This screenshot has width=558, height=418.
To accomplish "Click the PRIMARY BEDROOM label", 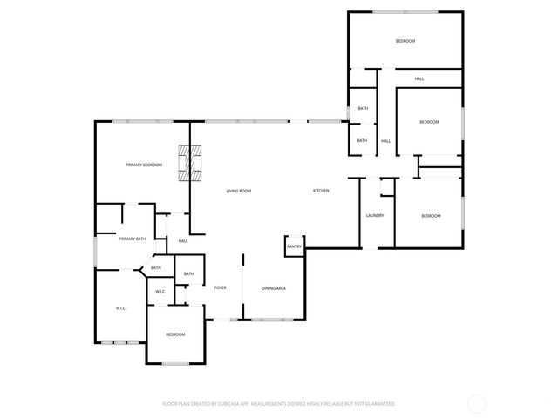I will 144,165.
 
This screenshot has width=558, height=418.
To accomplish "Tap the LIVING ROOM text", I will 239,191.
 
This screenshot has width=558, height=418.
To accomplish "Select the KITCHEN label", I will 321,191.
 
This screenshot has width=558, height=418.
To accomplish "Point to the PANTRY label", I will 294,247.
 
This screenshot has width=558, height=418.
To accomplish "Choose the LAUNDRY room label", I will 375,216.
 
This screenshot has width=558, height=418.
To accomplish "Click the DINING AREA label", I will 274,288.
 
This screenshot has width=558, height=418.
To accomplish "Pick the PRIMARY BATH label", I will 132,239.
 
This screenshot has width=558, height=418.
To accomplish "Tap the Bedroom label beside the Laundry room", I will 431,216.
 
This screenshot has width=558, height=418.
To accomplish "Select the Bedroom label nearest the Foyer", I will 176,335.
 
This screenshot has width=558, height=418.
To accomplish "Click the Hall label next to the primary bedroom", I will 183,241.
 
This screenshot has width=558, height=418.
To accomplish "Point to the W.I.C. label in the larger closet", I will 121,308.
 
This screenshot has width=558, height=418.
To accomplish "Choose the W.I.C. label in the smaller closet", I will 160,291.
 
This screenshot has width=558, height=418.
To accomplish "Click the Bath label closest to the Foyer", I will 188,274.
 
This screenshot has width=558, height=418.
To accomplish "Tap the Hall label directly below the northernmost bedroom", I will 419,79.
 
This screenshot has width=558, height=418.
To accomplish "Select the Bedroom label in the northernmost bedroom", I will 405,41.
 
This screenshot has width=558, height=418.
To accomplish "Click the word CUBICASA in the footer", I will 227,404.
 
